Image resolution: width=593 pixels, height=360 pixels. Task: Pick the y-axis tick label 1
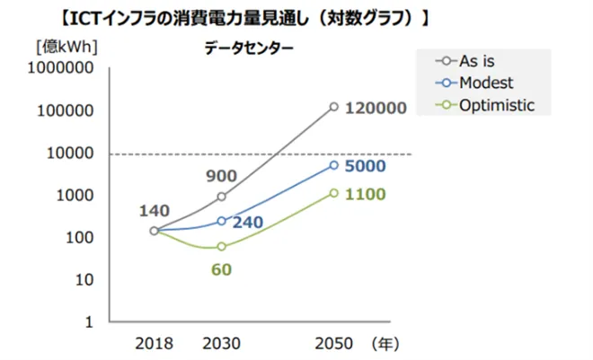(90, 321)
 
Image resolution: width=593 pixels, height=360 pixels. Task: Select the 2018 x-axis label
(155, 343)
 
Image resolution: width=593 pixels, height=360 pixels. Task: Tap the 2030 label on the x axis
(221, 343)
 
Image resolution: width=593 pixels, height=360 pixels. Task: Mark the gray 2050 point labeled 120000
(334, 107)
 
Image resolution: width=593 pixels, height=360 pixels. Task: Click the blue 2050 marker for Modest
(334, 165)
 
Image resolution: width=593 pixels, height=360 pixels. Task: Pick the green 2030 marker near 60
(222, 246)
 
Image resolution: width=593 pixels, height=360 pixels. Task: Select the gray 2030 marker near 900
(222, 197)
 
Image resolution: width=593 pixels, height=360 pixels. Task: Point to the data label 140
(155, 211)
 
